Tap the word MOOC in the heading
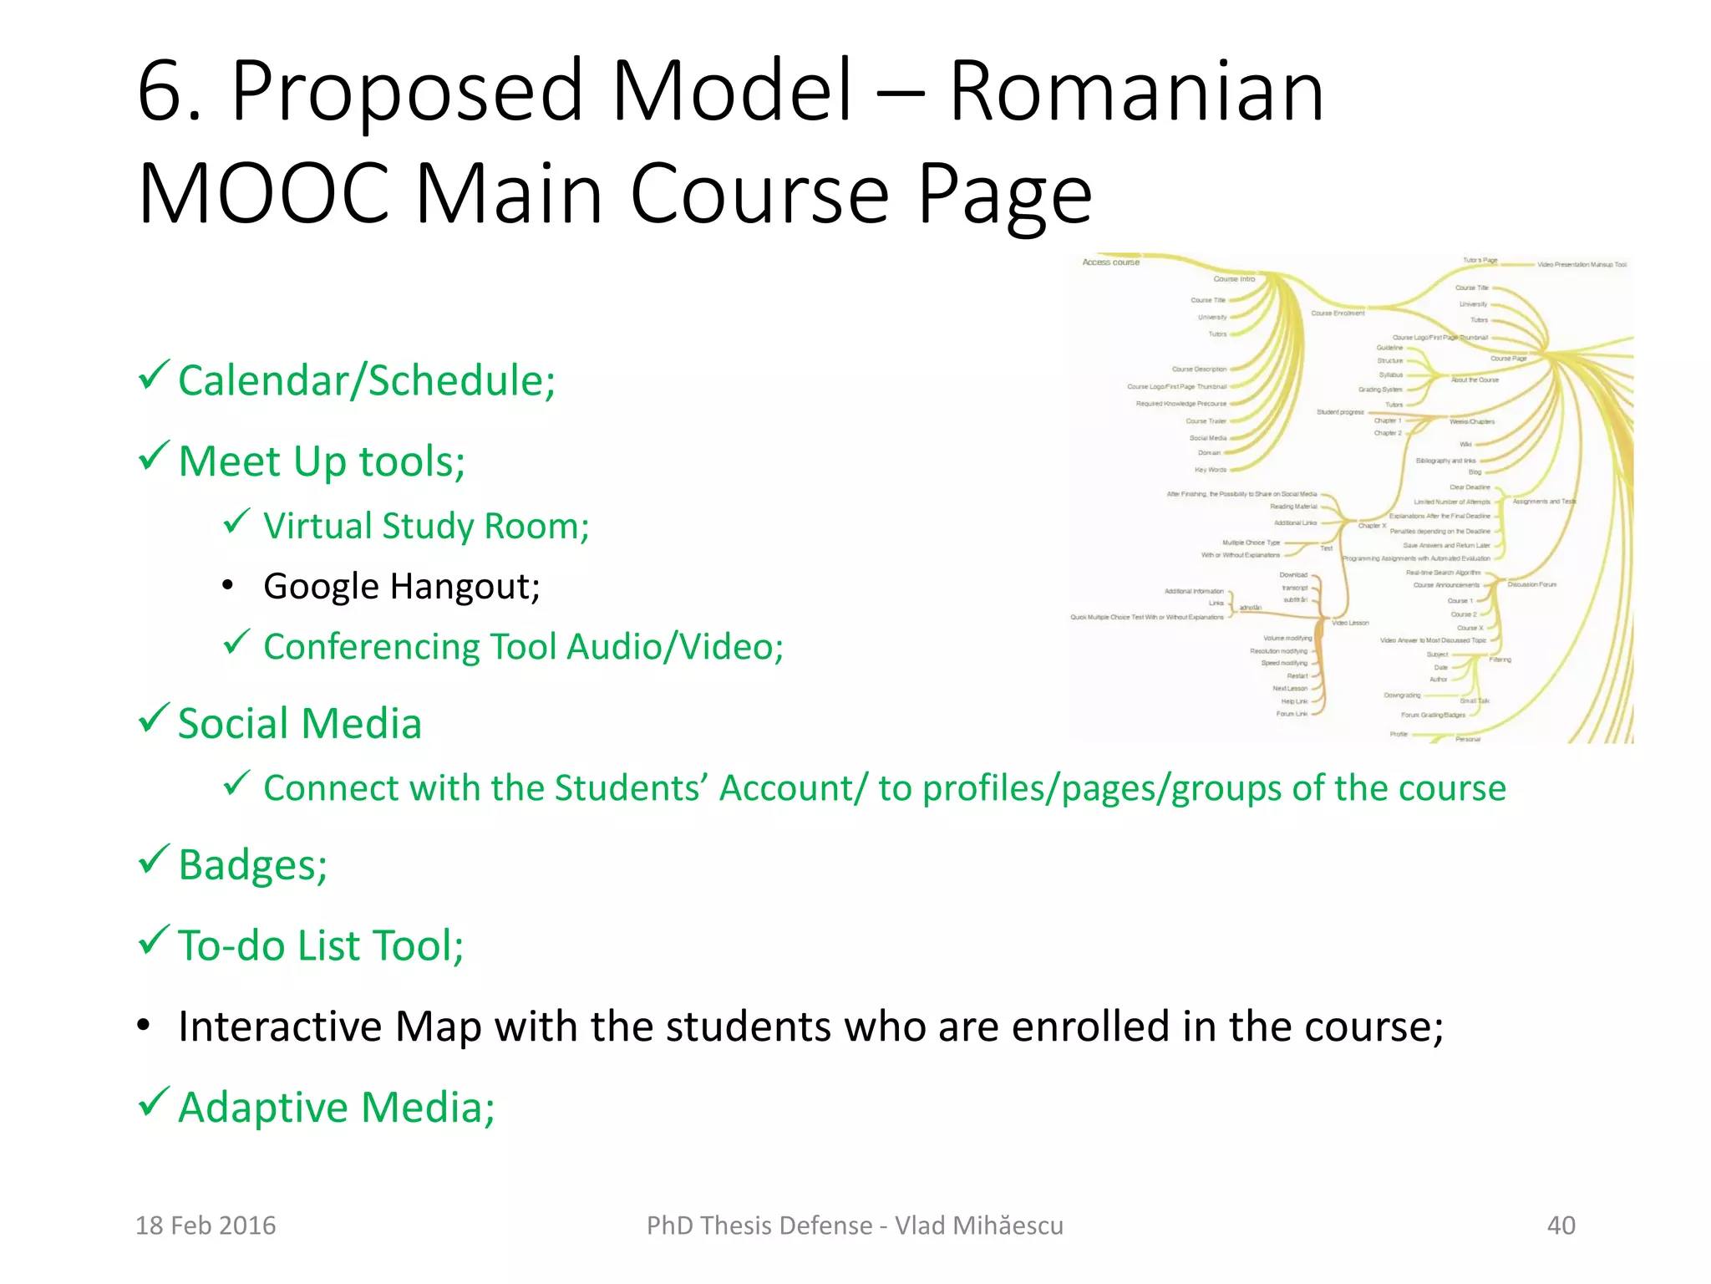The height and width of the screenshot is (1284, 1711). point(264,194)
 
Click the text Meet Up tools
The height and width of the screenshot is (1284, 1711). point(322,461)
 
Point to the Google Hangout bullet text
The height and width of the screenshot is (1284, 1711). point(401,586)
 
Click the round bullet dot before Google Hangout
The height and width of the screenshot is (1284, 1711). point(228,586)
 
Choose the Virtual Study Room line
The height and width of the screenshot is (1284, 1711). point(426,527)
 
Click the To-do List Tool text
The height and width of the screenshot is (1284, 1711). point(321,945)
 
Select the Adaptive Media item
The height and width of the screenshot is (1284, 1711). point(336,1107)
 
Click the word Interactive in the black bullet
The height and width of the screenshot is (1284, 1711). point(280,1027)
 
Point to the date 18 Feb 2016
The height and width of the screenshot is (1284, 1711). point(206,1225)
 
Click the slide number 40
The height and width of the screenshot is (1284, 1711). point(1561,1225)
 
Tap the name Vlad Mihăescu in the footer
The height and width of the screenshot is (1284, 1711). point(979,1225)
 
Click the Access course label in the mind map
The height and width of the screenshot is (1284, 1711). point(1110,262)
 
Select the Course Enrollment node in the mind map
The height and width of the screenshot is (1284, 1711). point(1337,313)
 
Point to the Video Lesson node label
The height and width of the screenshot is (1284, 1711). point(1350,623)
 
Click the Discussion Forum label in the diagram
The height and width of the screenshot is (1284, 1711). point(1531,584)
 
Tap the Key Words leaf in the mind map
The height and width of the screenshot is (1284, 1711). point(1211,470)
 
